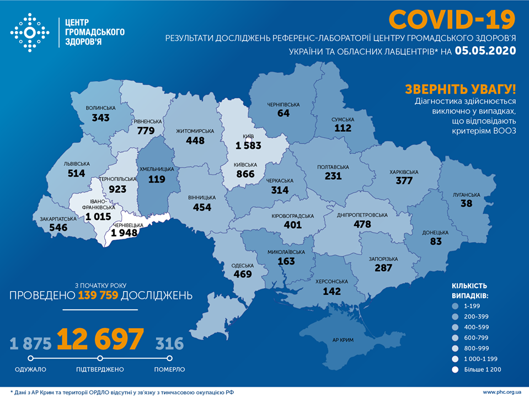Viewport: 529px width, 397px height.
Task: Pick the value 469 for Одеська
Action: coord(242,274)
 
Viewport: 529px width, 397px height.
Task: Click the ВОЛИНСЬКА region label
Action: coord(100,108)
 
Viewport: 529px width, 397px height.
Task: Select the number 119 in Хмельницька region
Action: coord(157,179)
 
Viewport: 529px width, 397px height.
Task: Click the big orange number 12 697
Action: coord(100,340)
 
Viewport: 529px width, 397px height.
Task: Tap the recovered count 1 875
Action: coord(30,344)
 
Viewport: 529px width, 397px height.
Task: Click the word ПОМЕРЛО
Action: coord(169,369)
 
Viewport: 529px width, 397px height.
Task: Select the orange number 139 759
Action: coord(98,296)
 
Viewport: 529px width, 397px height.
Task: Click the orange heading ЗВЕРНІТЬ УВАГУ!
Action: coord(461,89)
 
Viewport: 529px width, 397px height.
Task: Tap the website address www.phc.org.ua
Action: coord(503,391)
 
